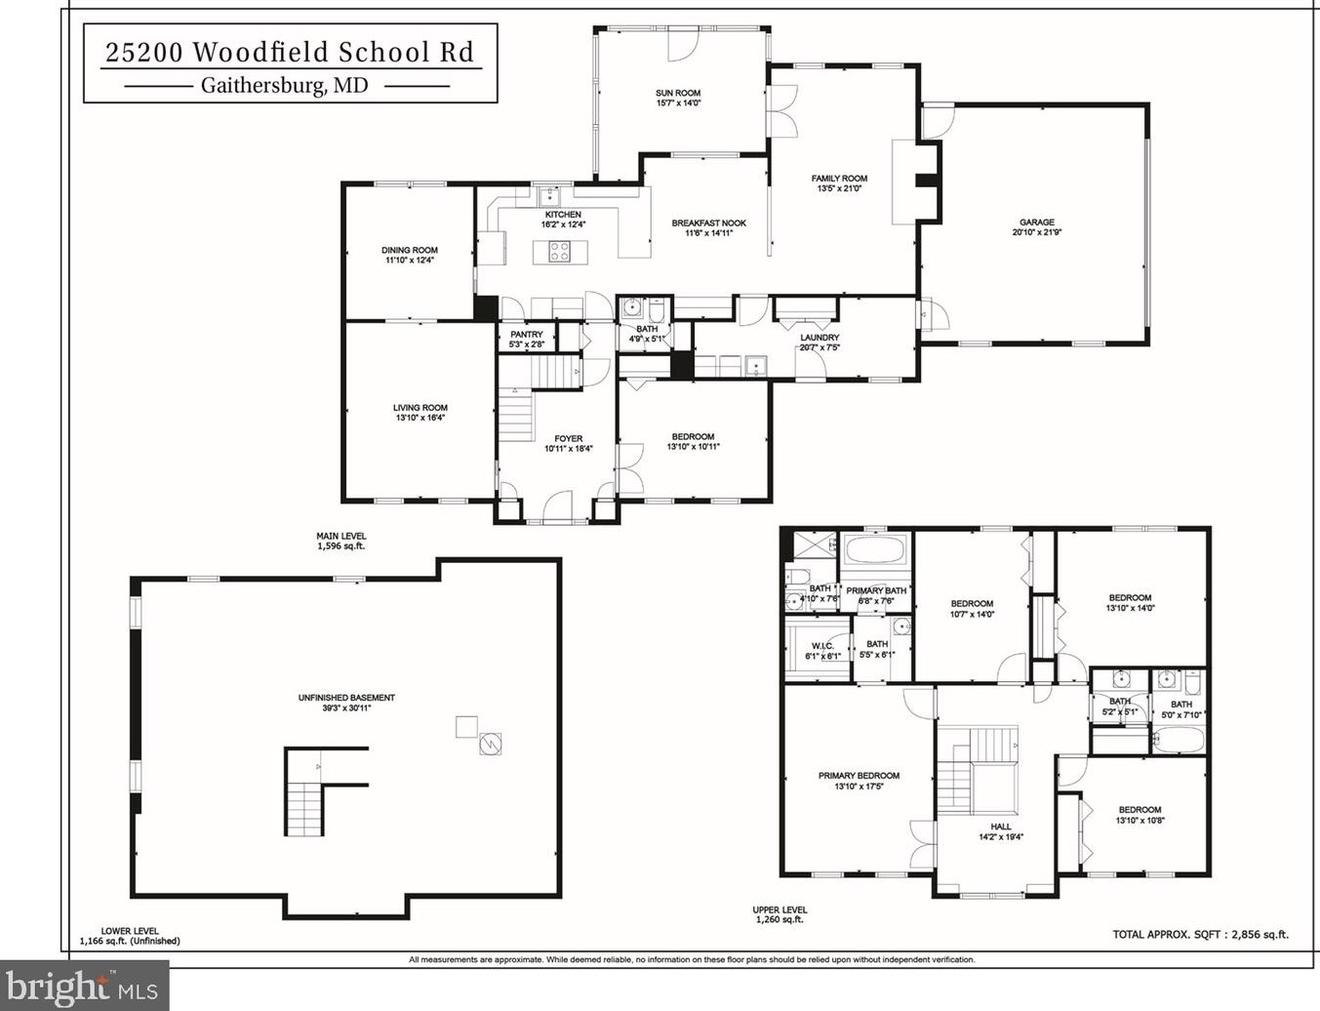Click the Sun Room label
678,94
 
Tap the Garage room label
1036,222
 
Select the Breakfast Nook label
708,223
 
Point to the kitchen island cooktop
559,251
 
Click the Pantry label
527,335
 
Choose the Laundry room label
820,338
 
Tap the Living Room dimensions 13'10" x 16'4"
420,418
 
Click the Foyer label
568,439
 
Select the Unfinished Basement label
346,698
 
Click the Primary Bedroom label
859,776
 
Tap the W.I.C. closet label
821,646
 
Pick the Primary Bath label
876,590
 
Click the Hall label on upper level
1001,827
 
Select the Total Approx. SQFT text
1200,934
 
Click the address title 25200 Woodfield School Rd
290,52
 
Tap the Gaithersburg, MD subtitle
285,85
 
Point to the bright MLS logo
82,988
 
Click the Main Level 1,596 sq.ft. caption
340,541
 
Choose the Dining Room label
410,251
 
